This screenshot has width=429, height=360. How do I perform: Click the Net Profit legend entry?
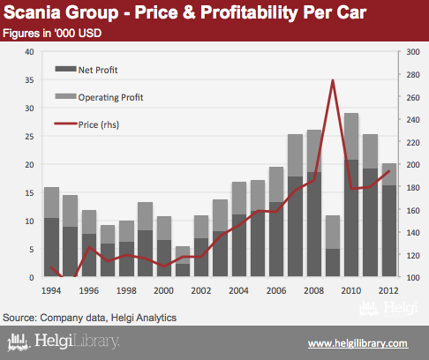point(87,70)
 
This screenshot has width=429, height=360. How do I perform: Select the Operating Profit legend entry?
point(99,97)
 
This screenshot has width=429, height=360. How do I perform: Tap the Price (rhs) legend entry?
point(87,124)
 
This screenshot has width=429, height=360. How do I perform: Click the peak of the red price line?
point(333,80)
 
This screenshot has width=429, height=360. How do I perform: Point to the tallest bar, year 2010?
point(351,195)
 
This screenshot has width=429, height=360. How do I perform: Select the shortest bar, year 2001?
point(183,261)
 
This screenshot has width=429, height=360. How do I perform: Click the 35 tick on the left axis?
point(29,80)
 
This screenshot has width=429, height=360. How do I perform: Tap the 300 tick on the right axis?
point(413,52)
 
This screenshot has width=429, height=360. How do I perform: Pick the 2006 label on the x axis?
point(276,290)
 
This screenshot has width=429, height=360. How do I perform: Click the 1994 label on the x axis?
point(51,290)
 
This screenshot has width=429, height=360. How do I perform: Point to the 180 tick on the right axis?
point(413,187)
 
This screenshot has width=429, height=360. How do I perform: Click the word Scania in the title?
point(32,12)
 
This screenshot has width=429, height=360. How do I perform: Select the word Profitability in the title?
point(249,13)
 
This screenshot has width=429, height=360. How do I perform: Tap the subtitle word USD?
point(90,33)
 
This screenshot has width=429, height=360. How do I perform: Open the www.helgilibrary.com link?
point(357,343)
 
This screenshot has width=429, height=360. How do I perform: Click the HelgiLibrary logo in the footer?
point(64,341)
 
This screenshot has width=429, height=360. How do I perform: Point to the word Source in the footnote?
point(19,318)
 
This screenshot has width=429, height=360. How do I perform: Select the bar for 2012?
point(389,220)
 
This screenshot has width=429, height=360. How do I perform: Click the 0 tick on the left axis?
point(32,278)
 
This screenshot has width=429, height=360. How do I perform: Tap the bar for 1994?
point(51,232)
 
